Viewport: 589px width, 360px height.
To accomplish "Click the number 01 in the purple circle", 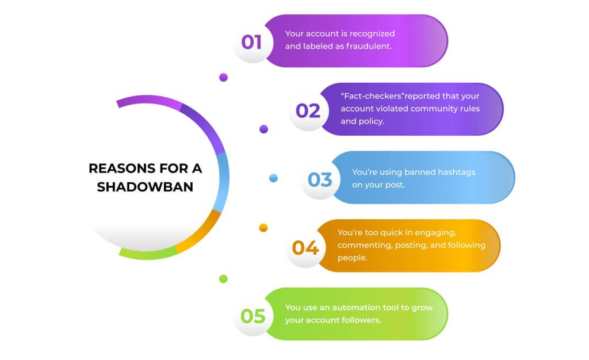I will (251, 41).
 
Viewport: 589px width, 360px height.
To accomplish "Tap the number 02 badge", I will (308, 110).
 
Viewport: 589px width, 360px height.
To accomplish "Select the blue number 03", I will (320, 179).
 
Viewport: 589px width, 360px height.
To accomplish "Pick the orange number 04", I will (305, 248).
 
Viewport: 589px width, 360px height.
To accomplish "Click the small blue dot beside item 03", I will (274, 178).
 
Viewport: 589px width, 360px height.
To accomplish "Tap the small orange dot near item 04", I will (263, 228).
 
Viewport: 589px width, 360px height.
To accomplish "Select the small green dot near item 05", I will (223, 279).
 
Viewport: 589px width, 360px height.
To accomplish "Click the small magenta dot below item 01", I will (223, 77).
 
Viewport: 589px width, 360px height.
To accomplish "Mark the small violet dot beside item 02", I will (263, 129).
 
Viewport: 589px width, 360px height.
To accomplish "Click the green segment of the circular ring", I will (147, 252).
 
